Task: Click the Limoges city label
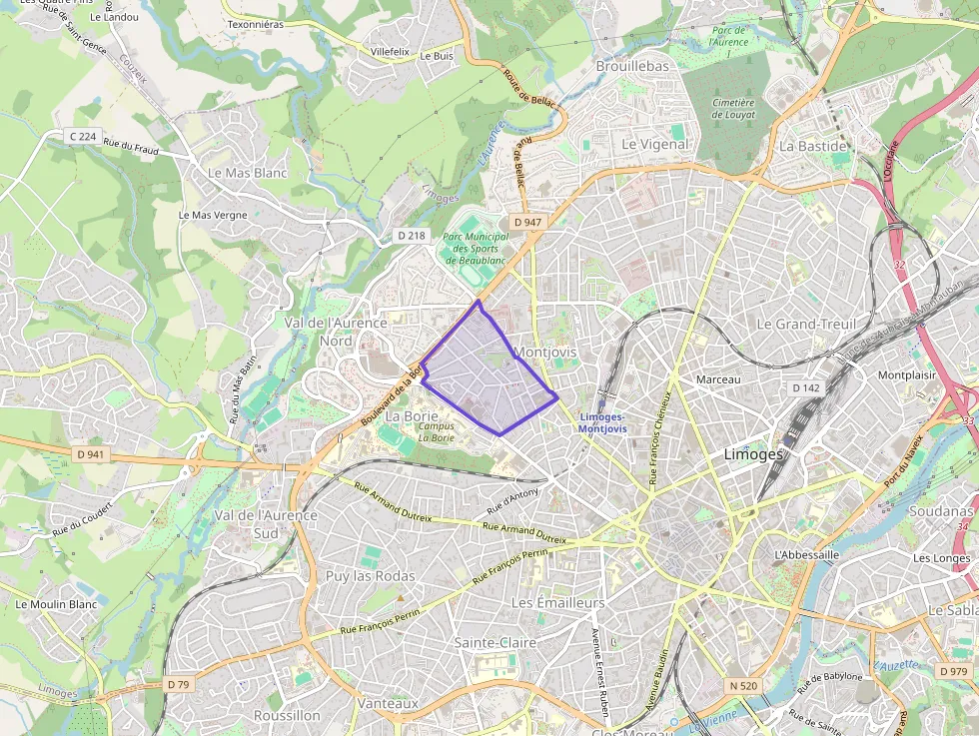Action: point(753,454)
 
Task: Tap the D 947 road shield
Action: point(526,222)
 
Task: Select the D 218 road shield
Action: point(411,236)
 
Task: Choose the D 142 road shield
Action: point(805,387)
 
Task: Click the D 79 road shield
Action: point(178,684)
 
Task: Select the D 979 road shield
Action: point(954,671)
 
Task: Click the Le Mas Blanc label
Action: point(247,173)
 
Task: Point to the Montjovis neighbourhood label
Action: point(544,353)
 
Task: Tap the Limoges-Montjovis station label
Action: point(602,422)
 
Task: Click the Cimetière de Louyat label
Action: point(734,108)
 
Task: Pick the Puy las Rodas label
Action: point(370,576)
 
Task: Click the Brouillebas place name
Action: point(631,66)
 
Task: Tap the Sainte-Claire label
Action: point(494,643)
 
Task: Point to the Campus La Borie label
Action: point(437,431)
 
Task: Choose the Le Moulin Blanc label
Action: point(56,604)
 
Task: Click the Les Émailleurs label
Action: point(557,603)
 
